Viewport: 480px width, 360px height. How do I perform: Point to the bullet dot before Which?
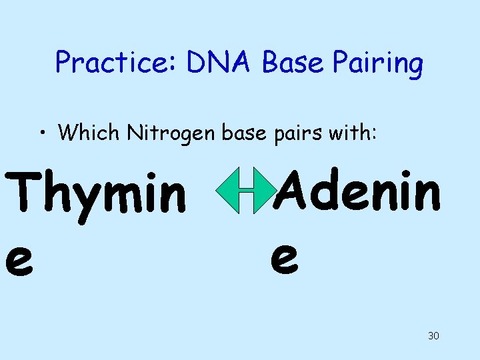42,132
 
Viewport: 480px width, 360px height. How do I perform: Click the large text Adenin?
359,189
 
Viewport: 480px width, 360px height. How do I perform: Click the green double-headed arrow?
246,191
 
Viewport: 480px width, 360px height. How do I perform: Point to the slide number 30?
433,335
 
